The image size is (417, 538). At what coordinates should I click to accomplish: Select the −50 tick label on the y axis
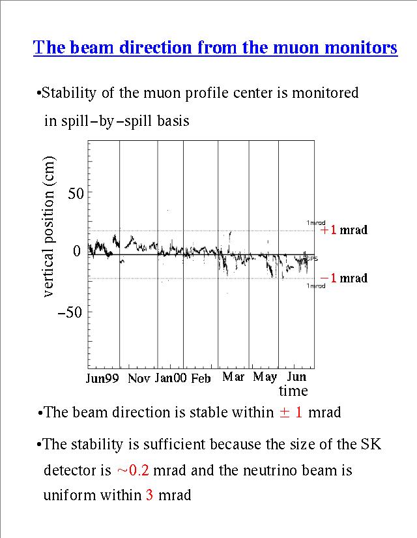point(73,312)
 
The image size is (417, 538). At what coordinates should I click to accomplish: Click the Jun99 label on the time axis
point(103,378)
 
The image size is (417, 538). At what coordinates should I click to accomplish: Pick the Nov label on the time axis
point(139,378)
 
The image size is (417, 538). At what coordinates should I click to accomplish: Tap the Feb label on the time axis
point(201,378)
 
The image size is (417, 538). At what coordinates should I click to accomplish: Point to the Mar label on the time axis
point(233,377)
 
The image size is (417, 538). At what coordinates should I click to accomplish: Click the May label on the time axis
point(265,378)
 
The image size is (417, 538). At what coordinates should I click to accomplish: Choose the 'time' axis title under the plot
point(293,391)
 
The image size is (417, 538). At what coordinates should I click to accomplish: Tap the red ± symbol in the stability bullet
point(284,412)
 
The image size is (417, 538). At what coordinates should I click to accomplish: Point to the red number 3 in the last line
point(150,495)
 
